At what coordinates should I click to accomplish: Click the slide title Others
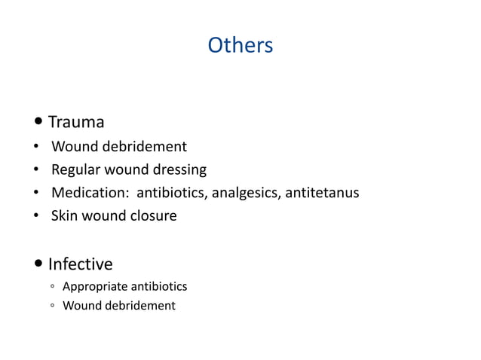point(240,46)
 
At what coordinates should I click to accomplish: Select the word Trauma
point(76,122)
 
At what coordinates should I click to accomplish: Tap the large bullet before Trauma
point(38,123)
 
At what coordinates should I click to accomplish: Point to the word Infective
point(80,264)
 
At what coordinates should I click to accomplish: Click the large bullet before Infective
point(38,265)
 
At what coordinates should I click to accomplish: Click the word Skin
point(64,216)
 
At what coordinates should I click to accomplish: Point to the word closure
point(152,216)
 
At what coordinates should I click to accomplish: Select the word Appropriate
point(94,287)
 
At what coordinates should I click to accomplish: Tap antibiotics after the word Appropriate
point(159,287)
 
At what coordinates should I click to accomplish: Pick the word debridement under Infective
point(141,306)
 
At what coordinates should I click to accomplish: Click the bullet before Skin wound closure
point(36,217)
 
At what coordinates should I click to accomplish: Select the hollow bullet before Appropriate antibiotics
point(49,288)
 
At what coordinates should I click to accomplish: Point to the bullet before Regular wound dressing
point(36,170)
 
